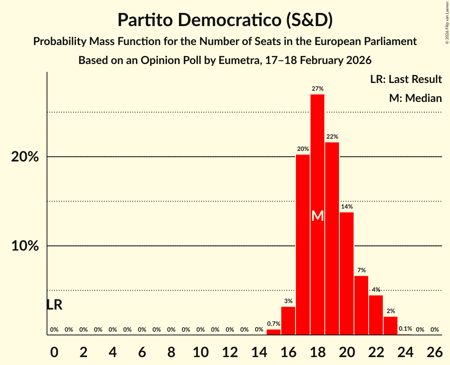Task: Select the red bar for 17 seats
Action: [303, 245]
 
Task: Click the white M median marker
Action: [318, 216]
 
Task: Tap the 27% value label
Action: [318, 89]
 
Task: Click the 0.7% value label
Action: [273, 324]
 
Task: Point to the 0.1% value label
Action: [405, 329]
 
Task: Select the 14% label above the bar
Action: [346, 207]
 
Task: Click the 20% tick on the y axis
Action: [25, 157]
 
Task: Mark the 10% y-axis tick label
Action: [25, 246]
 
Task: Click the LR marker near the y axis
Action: [54, 305]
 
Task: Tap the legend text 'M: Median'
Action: [415, 98]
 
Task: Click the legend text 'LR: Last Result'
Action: [406, 79]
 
